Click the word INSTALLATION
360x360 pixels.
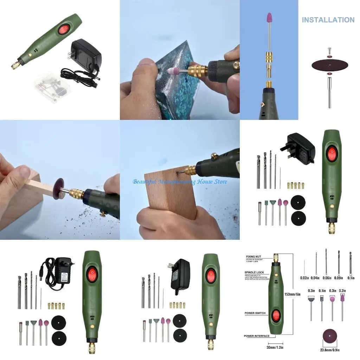(328, 20)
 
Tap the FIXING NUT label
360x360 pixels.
(253, 256)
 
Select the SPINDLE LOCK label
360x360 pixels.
(254, 272)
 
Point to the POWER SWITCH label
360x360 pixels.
(255, 313)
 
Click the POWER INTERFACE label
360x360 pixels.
(257, 336)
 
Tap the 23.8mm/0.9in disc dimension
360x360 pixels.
(330, 350)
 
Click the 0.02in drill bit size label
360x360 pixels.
(304, 278)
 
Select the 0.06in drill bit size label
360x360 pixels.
(327, 278)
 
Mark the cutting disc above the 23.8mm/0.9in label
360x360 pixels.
(330, 337)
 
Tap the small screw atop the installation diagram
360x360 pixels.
(329, 50)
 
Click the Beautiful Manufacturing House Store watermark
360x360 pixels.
(180, 181)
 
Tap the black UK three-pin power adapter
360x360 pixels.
(300, 148)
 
